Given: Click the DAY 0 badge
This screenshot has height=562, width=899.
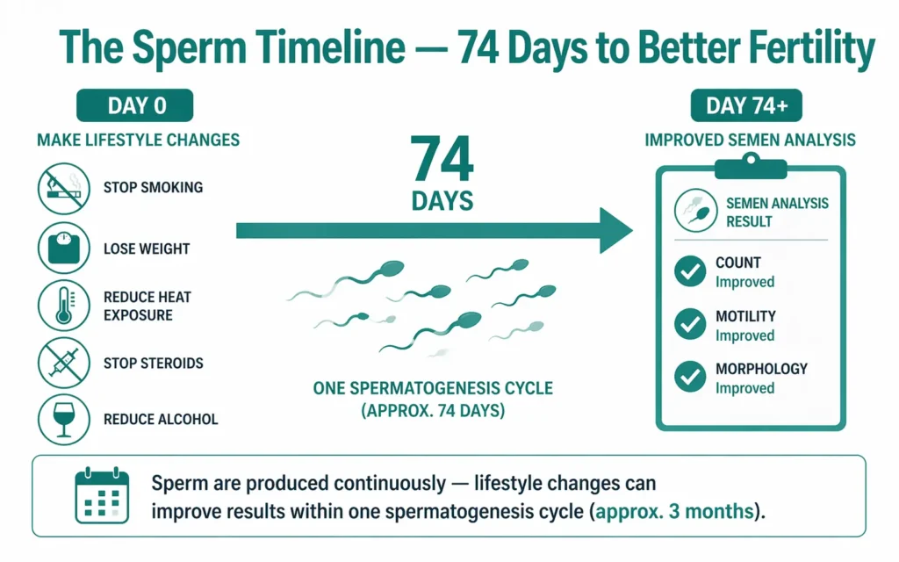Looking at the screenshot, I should click(x=134, y=106).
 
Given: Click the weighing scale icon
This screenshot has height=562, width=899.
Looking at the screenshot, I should click(x=64, y=248).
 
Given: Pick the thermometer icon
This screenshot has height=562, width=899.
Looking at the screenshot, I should click(x=64, y=305).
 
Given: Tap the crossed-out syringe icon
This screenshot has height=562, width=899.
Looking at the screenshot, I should click(x=64, y=362).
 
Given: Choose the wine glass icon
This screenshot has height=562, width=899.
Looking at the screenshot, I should click(x=64, y=419).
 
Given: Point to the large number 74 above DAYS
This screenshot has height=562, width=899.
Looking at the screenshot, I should click(x=442, y=160).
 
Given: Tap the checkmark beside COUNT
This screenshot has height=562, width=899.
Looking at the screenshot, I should click(x=689, y=271).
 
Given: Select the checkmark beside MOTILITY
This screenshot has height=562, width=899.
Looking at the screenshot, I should click(x=689, y=325).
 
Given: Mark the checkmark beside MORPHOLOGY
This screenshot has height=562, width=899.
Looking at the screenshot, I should click(x=689, y=378).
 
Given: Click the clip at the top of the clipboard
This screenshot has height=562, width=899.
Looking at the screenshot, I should click(x=750, y=165).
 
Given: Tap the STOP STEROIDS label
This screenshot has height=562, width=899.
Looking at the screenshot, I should click(x=153, y=362).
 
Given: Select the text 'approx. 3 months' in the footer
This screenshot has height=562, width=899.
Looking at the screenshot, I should click(x=674, y=511).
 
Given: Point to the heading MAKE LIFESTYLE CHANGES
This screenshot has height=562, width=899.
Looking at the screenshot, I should click(x=138, y=140).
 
